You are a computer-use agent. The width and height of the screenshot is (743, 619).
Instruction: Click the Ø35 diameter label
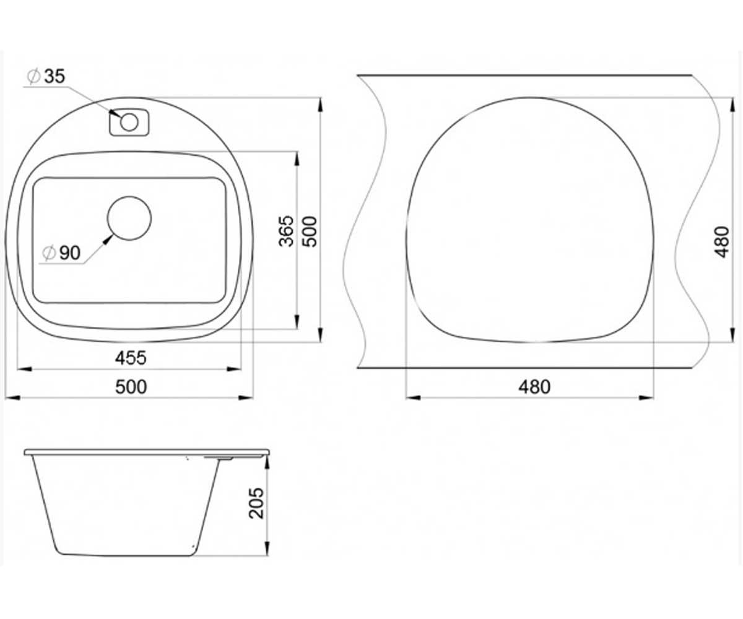pos(46,77)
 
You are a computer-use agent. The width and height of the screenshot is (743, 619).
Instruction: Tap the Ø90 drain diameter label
pos(61,253)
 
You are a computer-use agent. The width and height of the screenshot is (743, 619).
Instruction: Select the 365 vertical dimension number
pos(287,231)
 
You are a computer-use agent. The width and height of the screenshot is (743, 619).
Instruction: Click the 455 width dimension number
pos(131,358)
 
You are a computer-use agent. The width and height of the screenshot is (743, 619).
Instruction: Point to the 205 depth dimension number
pos(257,503)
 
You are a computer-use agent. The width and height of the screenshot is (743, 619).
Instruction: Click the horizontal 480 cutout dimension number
pos(534,387)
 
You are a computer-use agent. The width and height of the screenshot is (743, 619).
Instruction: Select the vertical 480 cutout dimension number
pos(722,241)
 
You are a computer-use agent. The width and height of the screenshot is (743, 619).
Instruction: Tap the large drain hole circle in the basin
pos(129,219)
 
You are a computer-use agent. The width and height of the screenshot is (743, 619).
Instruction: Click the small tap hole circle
pos(129,123)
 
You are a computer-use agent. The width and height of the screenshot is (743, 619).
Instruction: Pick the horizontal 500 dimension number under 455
pos(131,387)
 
